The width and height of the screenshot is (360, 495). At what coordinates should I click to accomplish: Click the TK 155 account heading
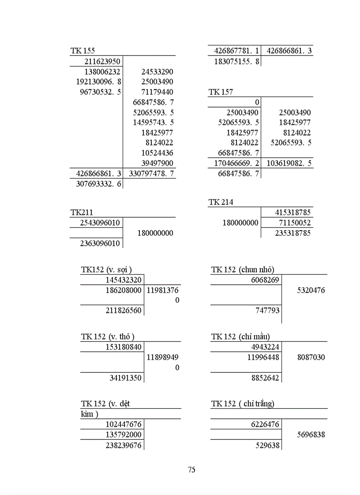tap(82, 51)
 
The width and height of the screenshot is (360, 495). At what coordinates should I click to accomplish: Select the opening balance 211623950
tap(102, 61)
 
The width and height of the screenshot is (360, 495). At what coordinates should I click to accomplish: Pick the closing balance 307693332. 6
tap(99, 183)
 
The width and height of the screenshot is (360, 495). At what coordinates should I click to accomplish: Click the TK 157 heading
tap(221, 92)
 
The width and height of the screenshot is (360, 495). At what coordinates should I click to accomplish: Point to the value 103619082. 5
tap(289, 163)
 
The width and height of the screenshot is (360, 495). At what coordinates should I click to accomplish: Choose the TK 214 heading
tap(221, 202)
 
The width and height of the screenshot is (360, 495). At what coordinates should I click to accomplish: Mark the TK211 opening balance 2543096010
tap(100, 223)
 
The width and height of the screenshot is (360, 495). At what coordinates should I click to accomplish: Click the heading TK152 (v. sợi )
tap(106, 270)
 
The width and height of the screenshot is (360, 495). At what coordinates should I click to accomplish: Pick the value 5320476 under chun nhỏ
tap(311, 290)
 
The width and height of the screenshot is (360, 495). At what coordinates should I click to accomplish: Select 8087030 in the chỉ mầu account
tap(311, 357)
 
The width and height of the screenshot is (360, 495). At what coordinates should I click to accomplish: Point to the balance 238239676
tap(124, 446)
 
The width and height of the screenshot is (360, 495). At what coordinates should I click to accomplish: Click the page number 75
tap(191, 470)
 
